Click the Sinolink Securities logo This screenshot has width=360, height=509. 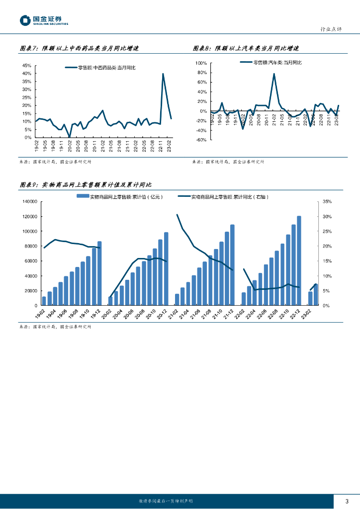(44, 20)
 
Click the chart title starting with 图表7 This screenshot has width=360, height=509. (78, 48)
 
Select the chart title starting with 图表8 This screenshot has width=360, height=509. (245, 48)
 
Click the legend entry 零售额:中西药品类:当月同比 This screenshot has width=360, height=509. (103, 68)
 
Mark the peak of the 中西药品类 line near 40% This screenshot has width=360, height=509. (163, 74)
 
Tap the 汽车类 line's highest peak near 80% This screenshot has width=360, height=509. (274, 74)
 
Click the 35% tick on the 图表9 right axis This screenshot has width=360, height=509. (327, 202)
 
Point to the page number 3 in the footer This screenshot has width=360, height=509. (347, 501)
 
